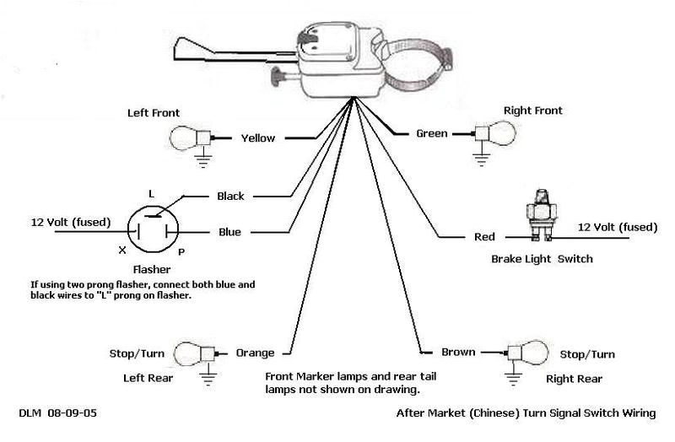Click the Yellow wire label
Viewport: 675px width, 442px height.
[258, 137]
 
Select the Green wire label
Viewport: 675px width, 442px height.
[432, 132]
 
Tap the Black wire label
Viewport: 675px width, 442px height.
[230, 196]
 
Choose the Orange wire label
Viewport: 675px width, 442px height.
[256, 353]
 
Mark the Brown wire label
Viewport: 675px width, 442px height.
[458, 352]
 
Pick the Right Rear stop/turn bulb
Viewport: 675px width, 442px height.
[527, 353]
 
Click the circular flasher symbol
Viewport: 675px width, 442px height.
[151, 228]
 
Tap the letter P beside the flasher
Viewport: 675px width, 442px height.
[180, 251]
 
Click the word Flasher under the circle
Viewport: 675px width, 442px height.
[152, 272]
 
